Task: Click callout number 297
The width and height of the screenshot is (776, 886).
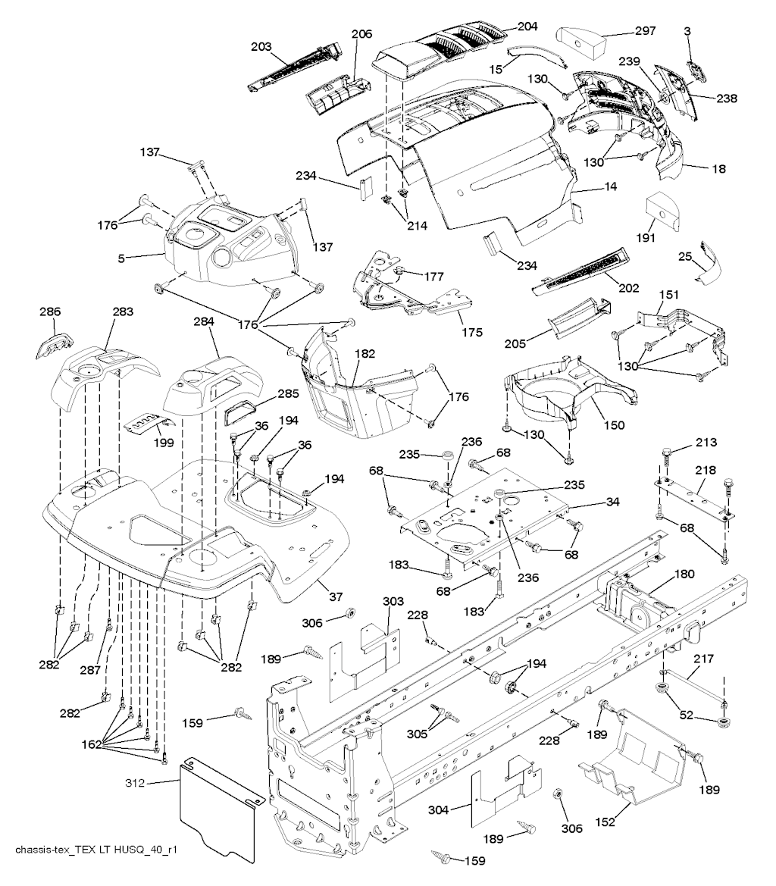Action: [645, 31]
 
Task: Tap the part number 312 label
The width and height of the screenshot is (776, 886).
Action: [136, 782]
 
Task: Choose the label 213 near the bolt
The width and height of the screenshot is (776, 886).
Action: [707, 443]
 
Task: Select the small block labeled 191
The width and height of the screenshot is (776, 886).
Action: [661, 210]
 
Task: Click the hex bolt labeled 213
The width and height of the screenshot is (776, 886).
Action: [667, 457]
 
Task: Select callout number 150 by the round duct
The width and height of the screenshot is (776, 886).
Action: [614, 425]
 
